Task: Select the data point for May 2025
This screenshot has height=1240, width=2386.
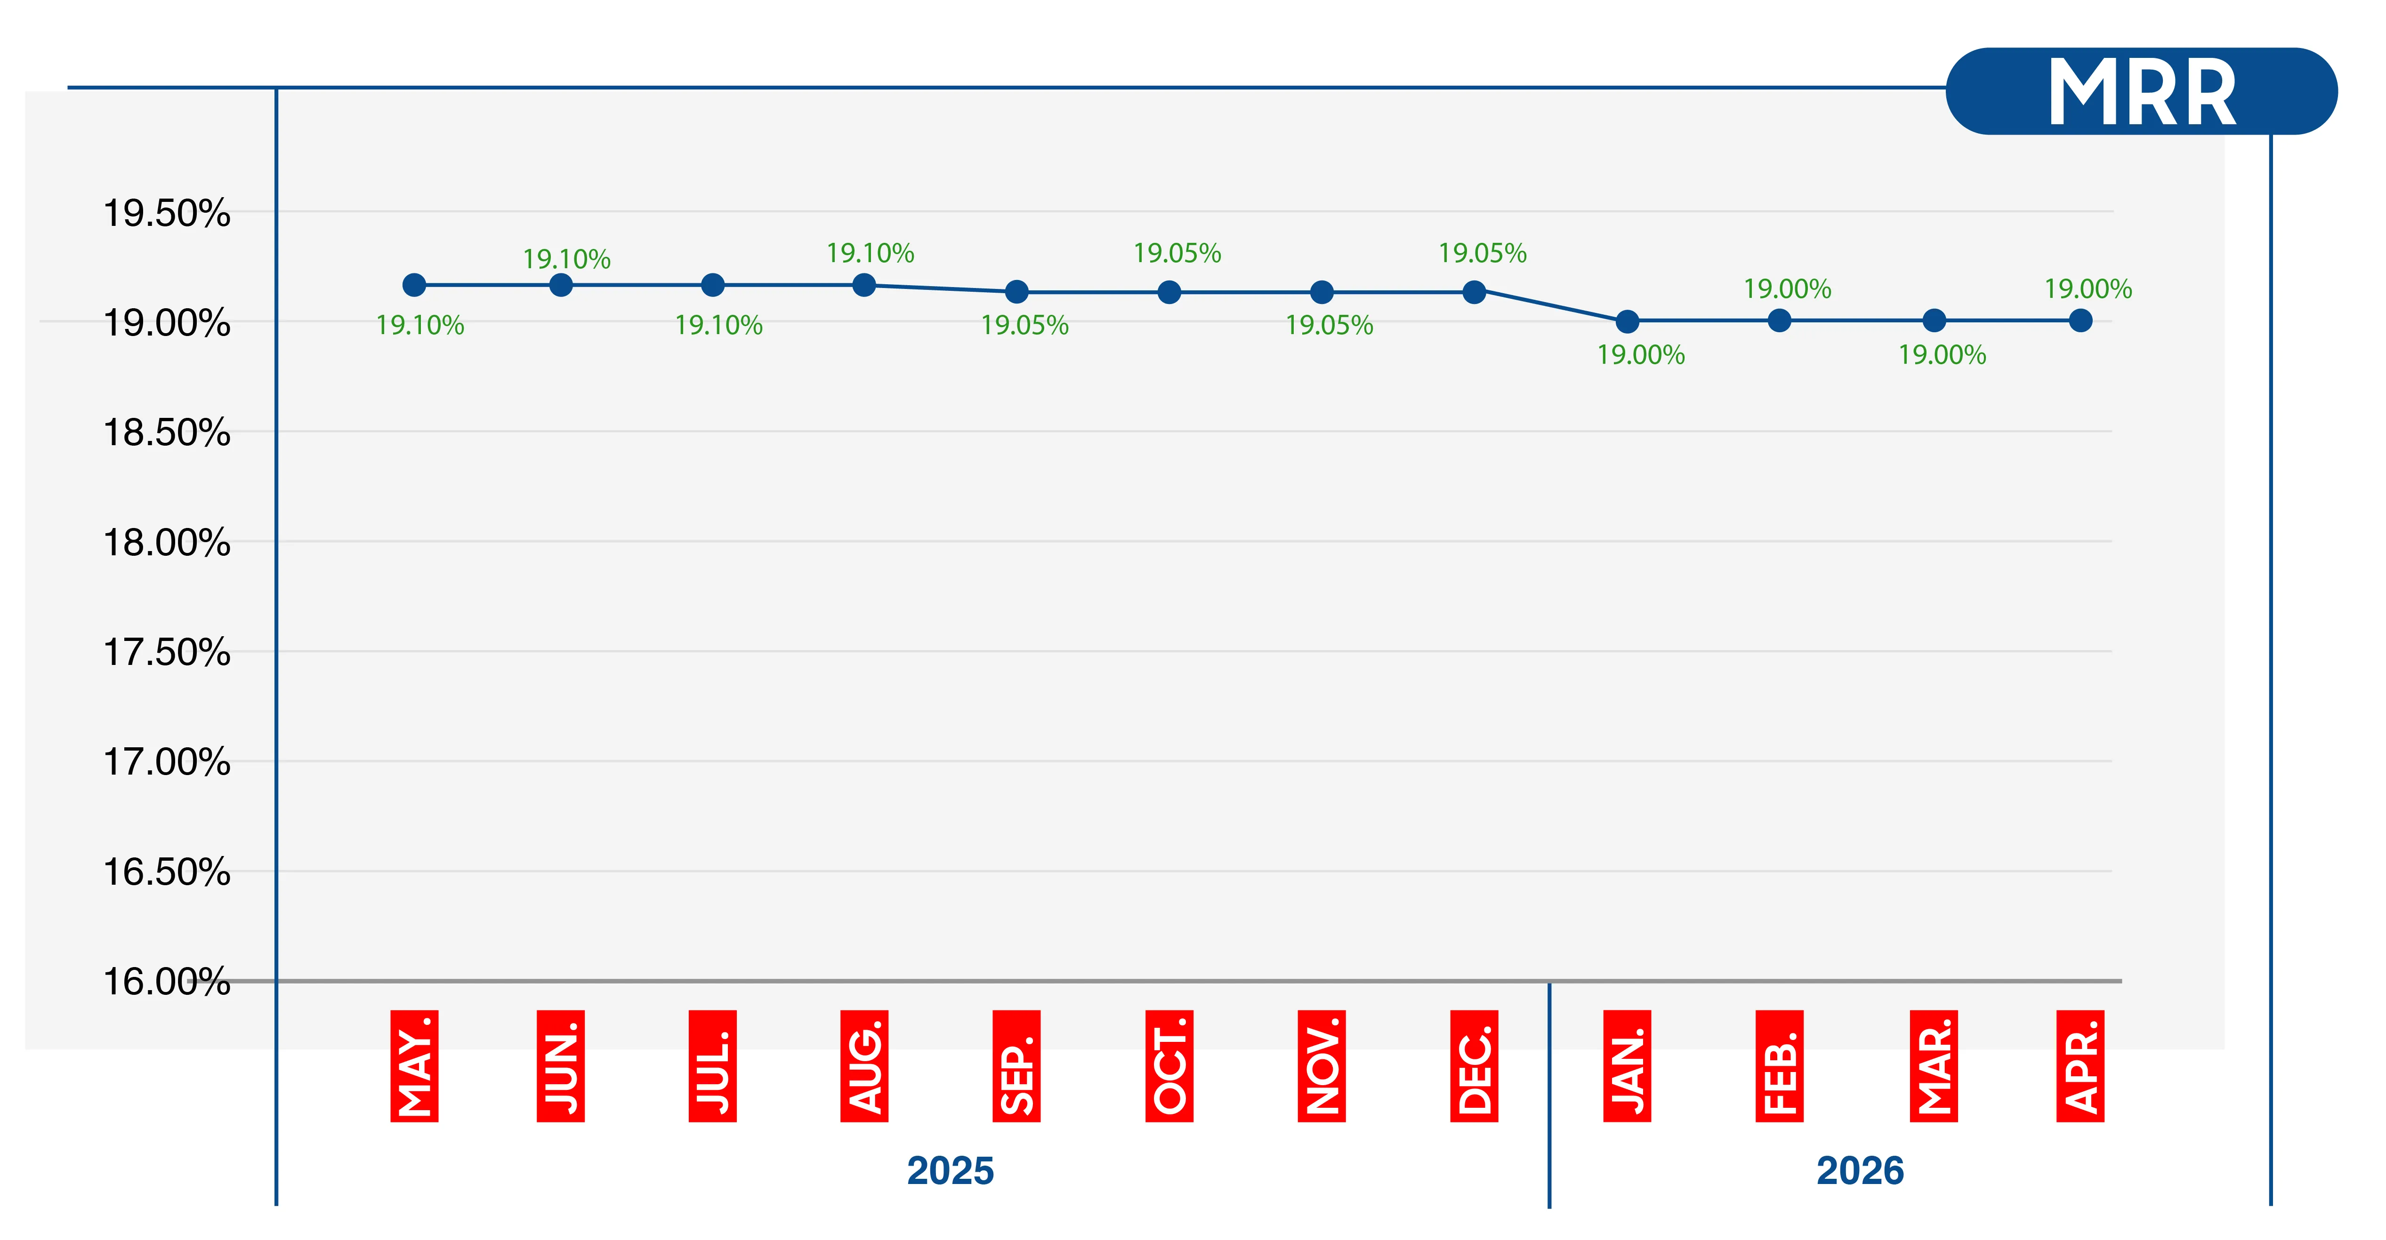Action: click(414, 285)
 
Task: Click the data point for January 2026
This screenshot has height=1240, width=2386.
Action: click(1628, 321)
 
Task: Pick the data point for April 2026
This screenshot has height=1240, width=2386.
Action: click(2080, 320)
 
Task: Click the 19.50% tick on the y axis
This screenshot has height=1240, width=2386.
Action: click(167, 214)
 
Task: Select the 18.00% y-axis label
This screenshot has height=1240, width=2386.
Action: click(167, 543)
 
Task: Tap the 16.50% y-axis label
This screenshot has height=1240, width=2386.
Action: click(167, 872)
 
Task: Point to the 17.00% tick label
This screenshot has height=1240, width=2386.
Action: click(167, 762)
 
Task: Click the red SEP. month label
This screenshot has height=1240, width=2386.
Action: click(1016, 1066)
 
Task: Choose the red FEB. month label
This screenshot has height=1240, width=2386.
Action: click(1779, 1066)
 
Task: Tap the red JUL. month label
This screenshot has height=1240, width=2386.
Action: click(712, 1066)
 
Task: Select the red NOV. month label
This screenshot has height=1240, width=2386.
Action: click(1322, 1066)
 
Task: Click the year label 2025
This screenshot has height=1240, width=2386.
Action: click(951, 1170)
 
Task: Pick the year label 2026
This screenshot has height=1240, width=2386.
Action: click(1860, 1170)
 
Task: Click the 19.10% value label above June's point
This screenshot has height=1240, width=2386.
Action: click(567, 259)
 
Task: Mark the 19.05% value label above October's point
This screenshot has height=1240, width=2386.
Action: click(1177, 253)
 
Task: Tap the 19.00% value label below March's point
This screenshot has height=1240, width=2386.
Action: click(1943, 355)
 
